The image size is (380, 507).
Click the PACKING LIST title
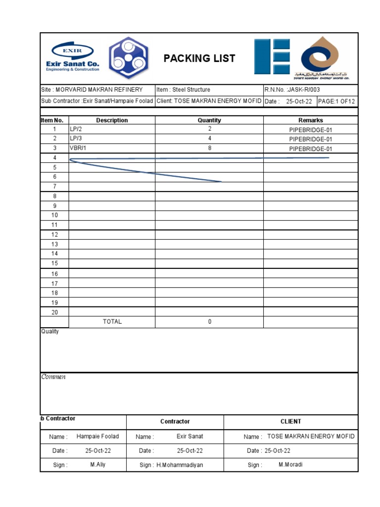tap(199, 58)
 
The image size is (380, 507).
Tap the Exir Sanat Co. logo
tap(73, 57)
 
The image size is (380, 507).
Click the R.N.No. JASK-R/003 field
tap(288, 90)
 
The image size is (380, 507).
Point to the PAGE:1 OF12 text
tap(336, 101)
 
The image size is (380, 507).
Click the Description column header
tap(112, 120)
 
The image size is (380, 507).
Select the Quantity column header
tap(209, 120)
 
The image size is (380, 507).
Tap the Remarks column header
tap(310, 120)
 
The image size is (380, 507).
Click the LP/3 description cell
tap(76, 139)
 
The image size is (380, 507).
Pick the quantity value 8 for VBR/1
tap(209, 149)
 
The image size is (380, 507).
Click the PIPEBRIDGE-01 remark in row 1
tap(310, 130)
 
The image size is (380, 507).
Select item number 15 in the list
tap(54, 263)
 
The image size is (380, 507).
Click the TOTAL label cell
tap(112, 322)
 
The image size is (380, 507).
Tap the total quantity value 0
tap(209, 322)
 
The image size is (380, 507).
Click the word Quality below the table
tap(50, 332)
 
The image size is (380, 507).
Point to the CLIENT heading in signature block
tap(290, 422)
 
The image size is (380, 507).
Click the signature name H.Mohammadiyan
tap(180, 465)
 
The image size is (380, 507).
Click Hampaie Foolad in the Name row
tap(97, 437)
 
